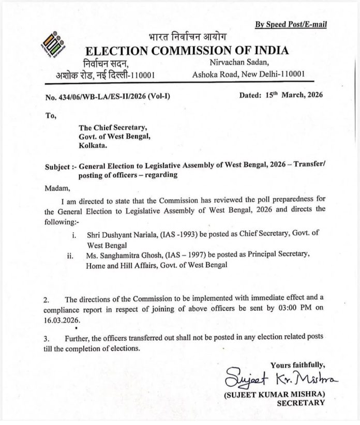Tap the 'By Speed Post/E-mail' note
tap(291, 24)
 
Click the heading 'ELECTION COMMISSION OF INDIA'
tap(187, 51)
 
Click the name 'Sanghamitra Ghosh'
tap(132, 255)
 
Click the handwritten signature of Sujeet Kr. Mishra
tap(280, 381)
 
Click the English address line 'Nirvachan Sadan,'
tap(235, 63)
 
